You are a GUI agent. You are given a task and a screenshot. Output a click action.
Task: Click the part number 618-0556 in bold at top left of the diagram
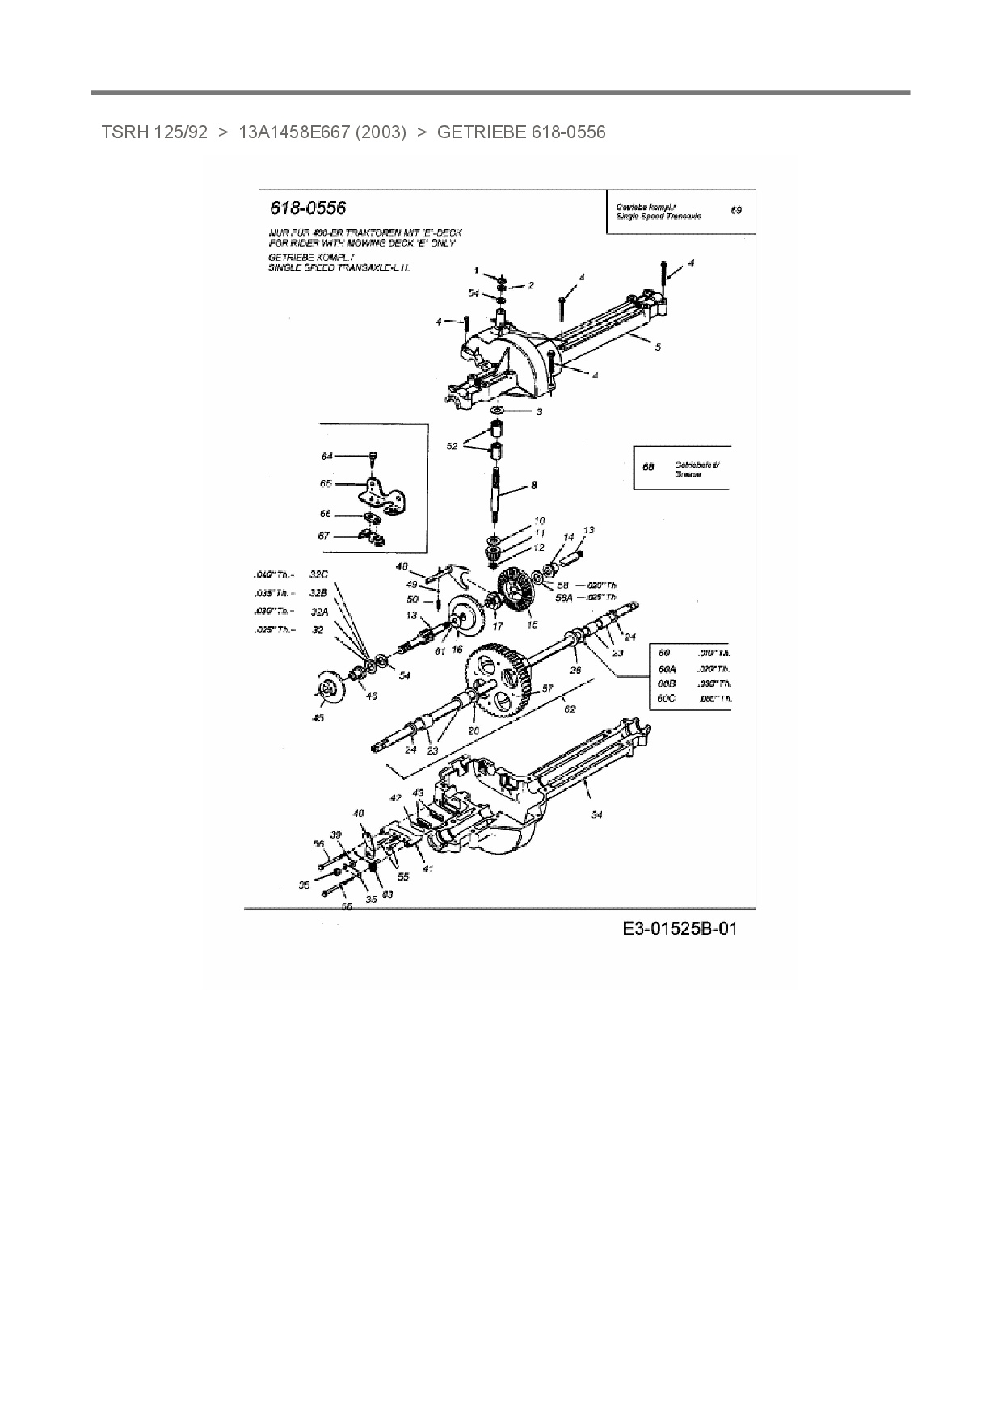tap(308, 208)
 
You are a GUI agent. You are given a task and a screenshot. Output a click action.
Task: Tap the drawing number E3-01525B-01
tap(680, 928)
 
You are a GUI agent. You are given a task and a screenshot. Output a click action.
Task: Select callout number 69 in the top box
tap(735, 210)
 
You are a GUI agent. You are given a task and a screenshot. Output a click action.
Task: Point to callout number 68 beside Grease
tap(647, 467)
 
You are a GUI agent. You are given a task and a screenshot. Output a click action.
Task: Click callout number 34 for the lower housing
tap(596, 814)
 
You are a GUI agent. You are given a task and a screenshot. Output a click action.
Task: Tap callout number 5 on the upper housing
tap(658, 347)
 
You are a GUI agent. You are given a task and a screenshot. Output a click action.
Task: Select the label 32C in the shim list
tap(319, 574)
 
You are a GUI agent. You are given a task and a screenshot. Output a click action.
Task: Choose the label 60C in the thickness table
tap(666, 698)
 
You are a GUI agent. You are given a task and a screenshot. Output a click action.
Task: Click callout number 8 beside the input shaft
tap(533, 486)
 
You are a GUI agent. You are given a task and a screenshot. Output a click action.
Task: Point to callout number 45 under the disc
tap(318, 717)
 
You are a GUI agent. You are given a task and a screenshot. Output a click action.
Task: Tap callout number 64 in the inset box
tap(326, 456)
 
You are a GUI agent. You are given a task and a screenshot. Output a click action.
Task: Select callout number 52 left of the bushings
tap(452, 445)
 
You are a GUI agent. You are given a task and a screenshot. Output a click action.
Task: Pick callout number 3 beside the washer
tap(539, 411)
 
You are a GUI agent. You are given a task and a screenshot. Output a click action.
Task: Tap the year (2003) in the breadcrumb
tap(380, 132)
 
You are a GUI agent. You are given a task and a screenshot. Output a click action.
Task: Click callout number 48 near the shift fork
tap(402, 566)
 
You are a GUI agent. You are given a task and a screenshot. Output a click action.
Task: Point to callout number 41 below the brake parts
tap(427, 869)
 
